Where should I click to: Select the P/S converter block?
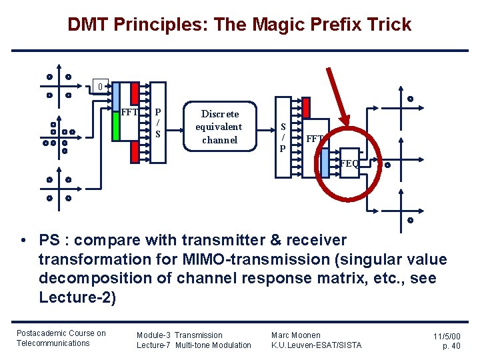(158, 121)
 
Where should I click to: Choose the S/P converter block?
(283, 137)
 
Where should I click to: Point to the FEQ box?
(348, 163)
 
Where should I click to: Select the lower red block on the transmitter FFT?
(135, 153)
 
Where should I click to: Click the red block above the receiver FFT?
(306, 108)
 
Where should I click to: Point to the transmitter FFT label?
(129, 112)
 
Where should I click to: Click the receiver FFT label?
(315, 139)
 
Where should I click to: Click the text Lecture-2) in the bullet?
(77, 297)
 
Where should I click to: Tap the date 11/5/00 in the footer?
(447, 338)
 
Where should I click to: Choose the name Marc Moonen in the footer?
(295, 335)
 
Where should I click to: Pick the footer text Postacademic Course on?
(61, 333)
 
